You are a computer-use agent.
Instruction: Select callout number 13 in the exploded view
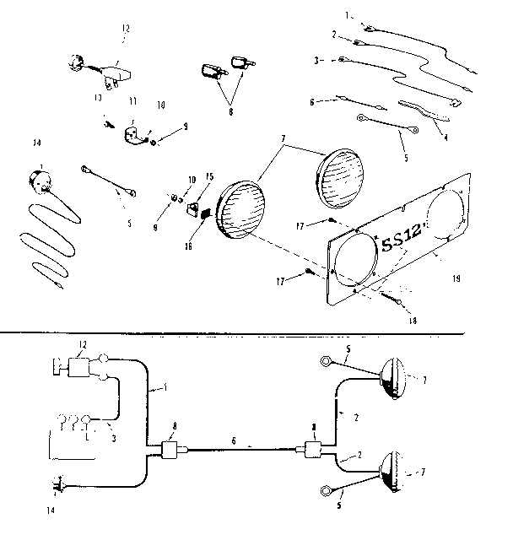point(99,98)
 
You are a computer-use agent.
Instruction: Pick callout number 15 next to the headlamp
point(210,176)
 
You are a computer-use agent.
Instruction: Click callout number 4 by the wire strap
point(446,139)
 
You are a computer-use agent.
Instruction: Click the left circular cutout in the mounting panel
point(353,258)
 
